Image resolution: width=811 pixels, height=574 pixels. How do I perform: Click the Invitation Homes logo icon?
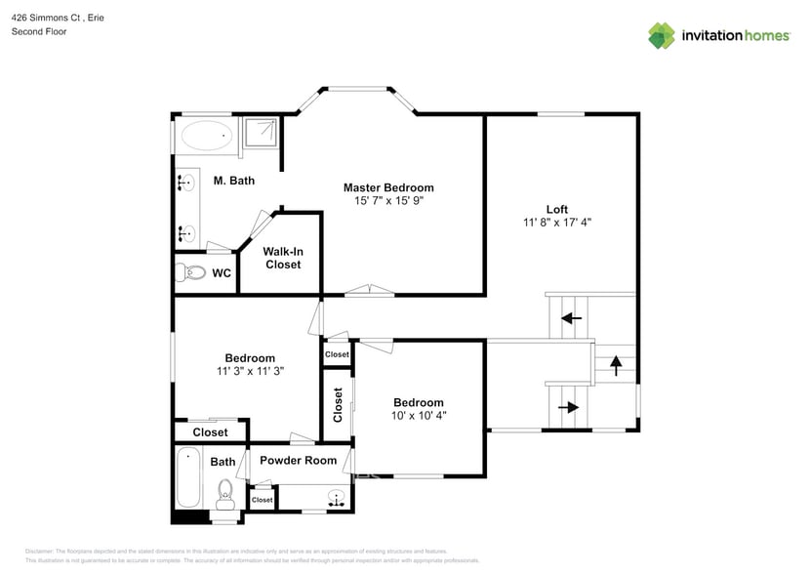coord(662,35)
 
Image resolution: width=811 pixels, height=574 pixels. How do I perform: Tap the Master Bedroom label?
coord(388,187)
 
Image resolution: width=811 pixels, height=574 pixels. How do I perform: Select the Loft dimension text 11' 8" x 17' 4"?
coord(556,223)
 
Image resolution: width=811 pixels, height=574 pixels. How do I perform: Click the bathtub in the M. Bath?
coord(207,137)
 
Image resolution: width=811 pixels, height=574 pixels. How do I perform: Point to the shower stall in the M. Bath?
coord(260,136)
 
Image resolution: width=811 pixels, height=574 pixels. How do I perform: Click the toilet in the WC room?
coord(190,272)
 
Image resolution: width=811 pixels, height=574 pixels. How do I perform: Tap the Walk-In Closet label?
coord(282,258)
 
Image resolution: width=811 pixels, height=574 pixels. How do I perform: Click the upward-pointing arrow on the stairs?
coord(616,365)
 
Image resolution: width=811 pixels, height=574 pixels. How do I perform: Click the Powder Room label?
coord(298,460)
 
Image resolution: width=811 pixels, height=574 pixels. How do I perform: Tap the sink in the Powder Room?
coord(337,499)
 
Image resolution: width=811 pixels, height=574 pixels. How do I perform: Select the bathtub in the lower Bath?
coord(187,478)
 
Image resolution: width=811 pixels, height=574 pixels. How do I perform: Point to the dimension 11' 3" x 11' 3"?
coord(250,371)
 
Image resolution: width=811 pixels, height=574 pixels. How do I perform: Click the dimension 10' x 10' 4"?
coord(418,416)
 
